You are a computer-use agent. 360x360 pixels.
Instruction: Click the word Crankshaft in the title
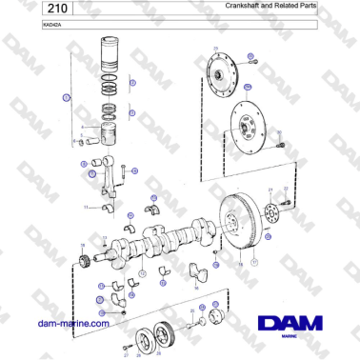244,6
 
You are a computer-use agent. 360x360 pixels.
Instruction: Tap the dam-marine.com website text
71,324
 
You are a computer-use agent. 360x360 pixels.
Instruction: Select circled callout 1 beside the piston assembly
66,98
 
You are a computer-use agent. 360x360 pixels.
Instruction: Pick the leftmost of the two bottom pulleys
146,338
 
